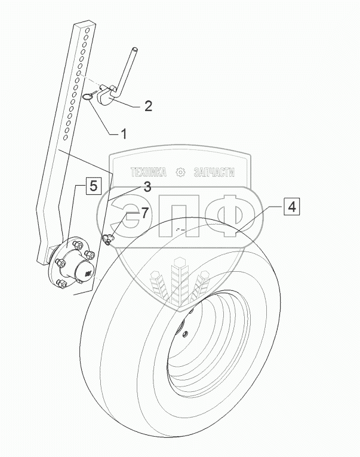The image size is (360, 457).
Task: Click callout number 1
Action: point(124,134)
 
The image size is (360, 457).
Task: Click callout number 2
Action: point(149,107)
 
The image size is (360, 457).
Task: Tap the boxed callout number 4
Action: point(291,207)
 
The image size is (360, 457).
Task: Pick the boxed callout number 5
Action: point(94,186)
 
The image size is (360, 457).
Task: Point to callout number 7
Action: point(143,213)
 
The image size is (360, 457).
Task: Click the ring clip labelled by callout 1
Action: point(91,96)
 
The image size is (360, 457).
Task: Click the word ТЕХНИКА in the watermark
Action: point(149,173)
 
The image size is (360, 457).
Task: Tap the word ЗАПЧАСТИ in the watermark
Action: point(213,173)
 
